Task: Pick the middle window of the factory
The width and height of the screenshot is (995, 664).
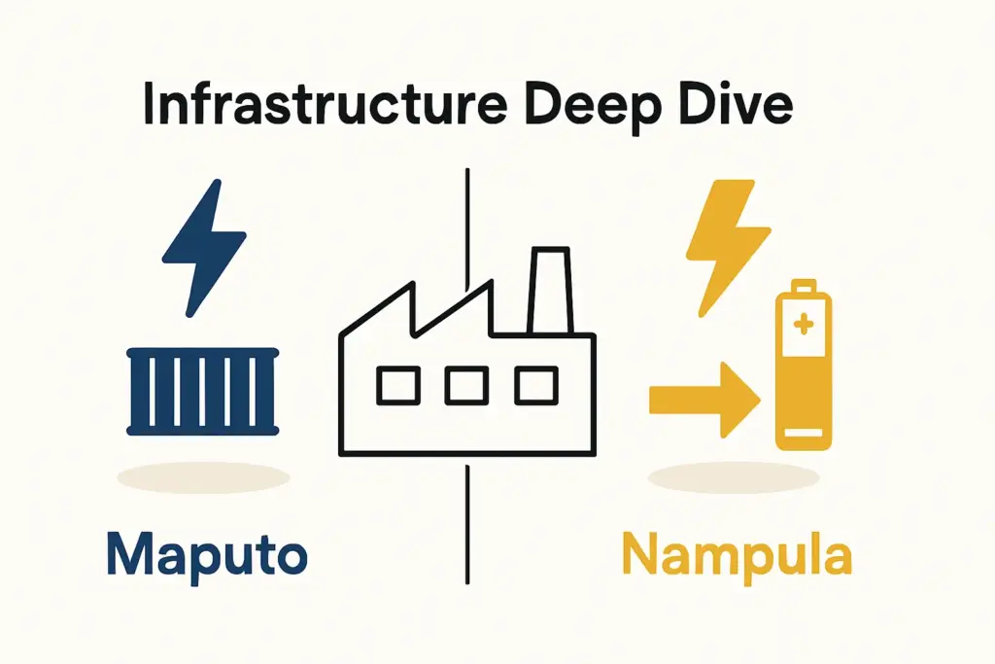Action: pos(466,387)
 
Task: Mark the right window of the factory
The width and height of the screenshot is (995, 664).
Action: pos(534,387)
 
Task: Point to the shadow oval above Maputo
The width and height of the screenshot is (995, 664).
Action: pos(204,477)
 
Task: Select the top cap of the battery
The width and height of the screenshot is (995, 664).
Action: pos(803,288)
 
